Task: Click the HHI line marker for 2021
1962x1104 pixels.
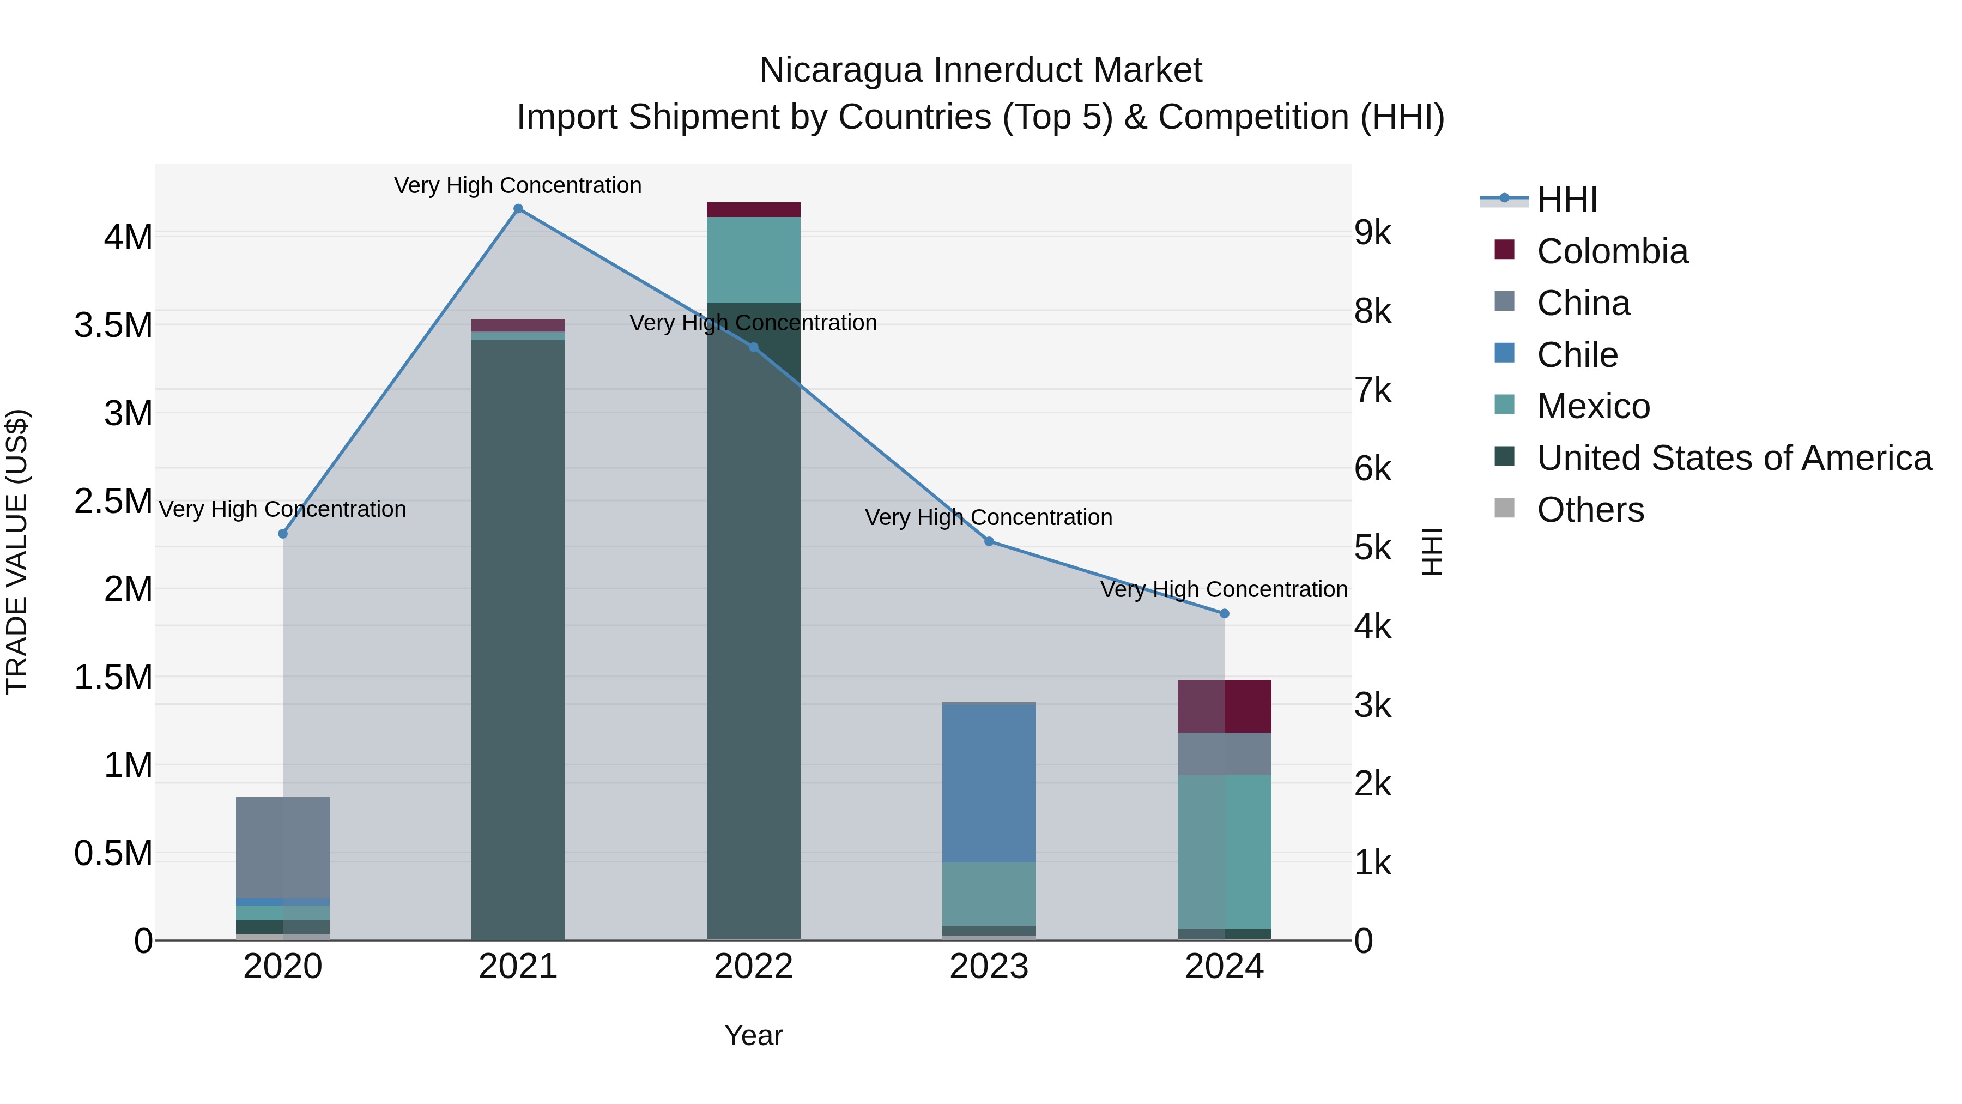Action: click(518, 209)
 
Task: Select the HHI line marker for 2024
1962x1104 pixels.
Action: click(1225, 613)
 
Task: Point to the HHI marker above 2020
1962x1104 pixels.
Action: click(282, 533)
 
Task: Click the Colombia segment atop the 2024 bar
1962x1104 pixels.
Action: click(1225, 706)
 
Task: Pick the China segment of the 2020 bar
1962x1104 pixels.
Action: click(282, 847)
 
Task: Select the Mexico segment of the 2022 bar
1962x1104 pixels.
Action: click(753, 260)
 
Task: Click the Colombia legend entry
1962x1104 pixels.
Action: click(1612, 251)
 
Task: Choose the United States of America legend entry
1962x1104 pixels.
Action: click(1734, 458)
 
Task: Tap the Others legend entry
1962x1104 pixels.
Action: click(1590, 510)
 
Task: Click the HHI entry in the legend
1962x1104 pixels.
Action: click(1566, 200)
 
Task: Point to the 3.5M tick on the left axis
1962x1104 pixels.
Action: click(113, 325)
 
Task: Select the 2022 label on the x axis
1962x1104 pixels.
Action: click(753, 967)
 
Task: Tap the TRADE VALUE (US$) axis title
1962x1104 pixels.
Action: click(17, 552)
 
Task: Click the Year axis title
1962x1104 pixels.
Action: click(753, 1035)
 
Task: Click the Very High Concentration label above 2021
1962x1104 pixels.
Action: click(518, 185)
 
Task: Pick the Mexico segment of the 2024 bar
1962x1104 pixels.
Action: click(1225, 852)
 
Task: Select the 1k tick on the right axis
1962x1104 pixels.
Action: click(1372, 863)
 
